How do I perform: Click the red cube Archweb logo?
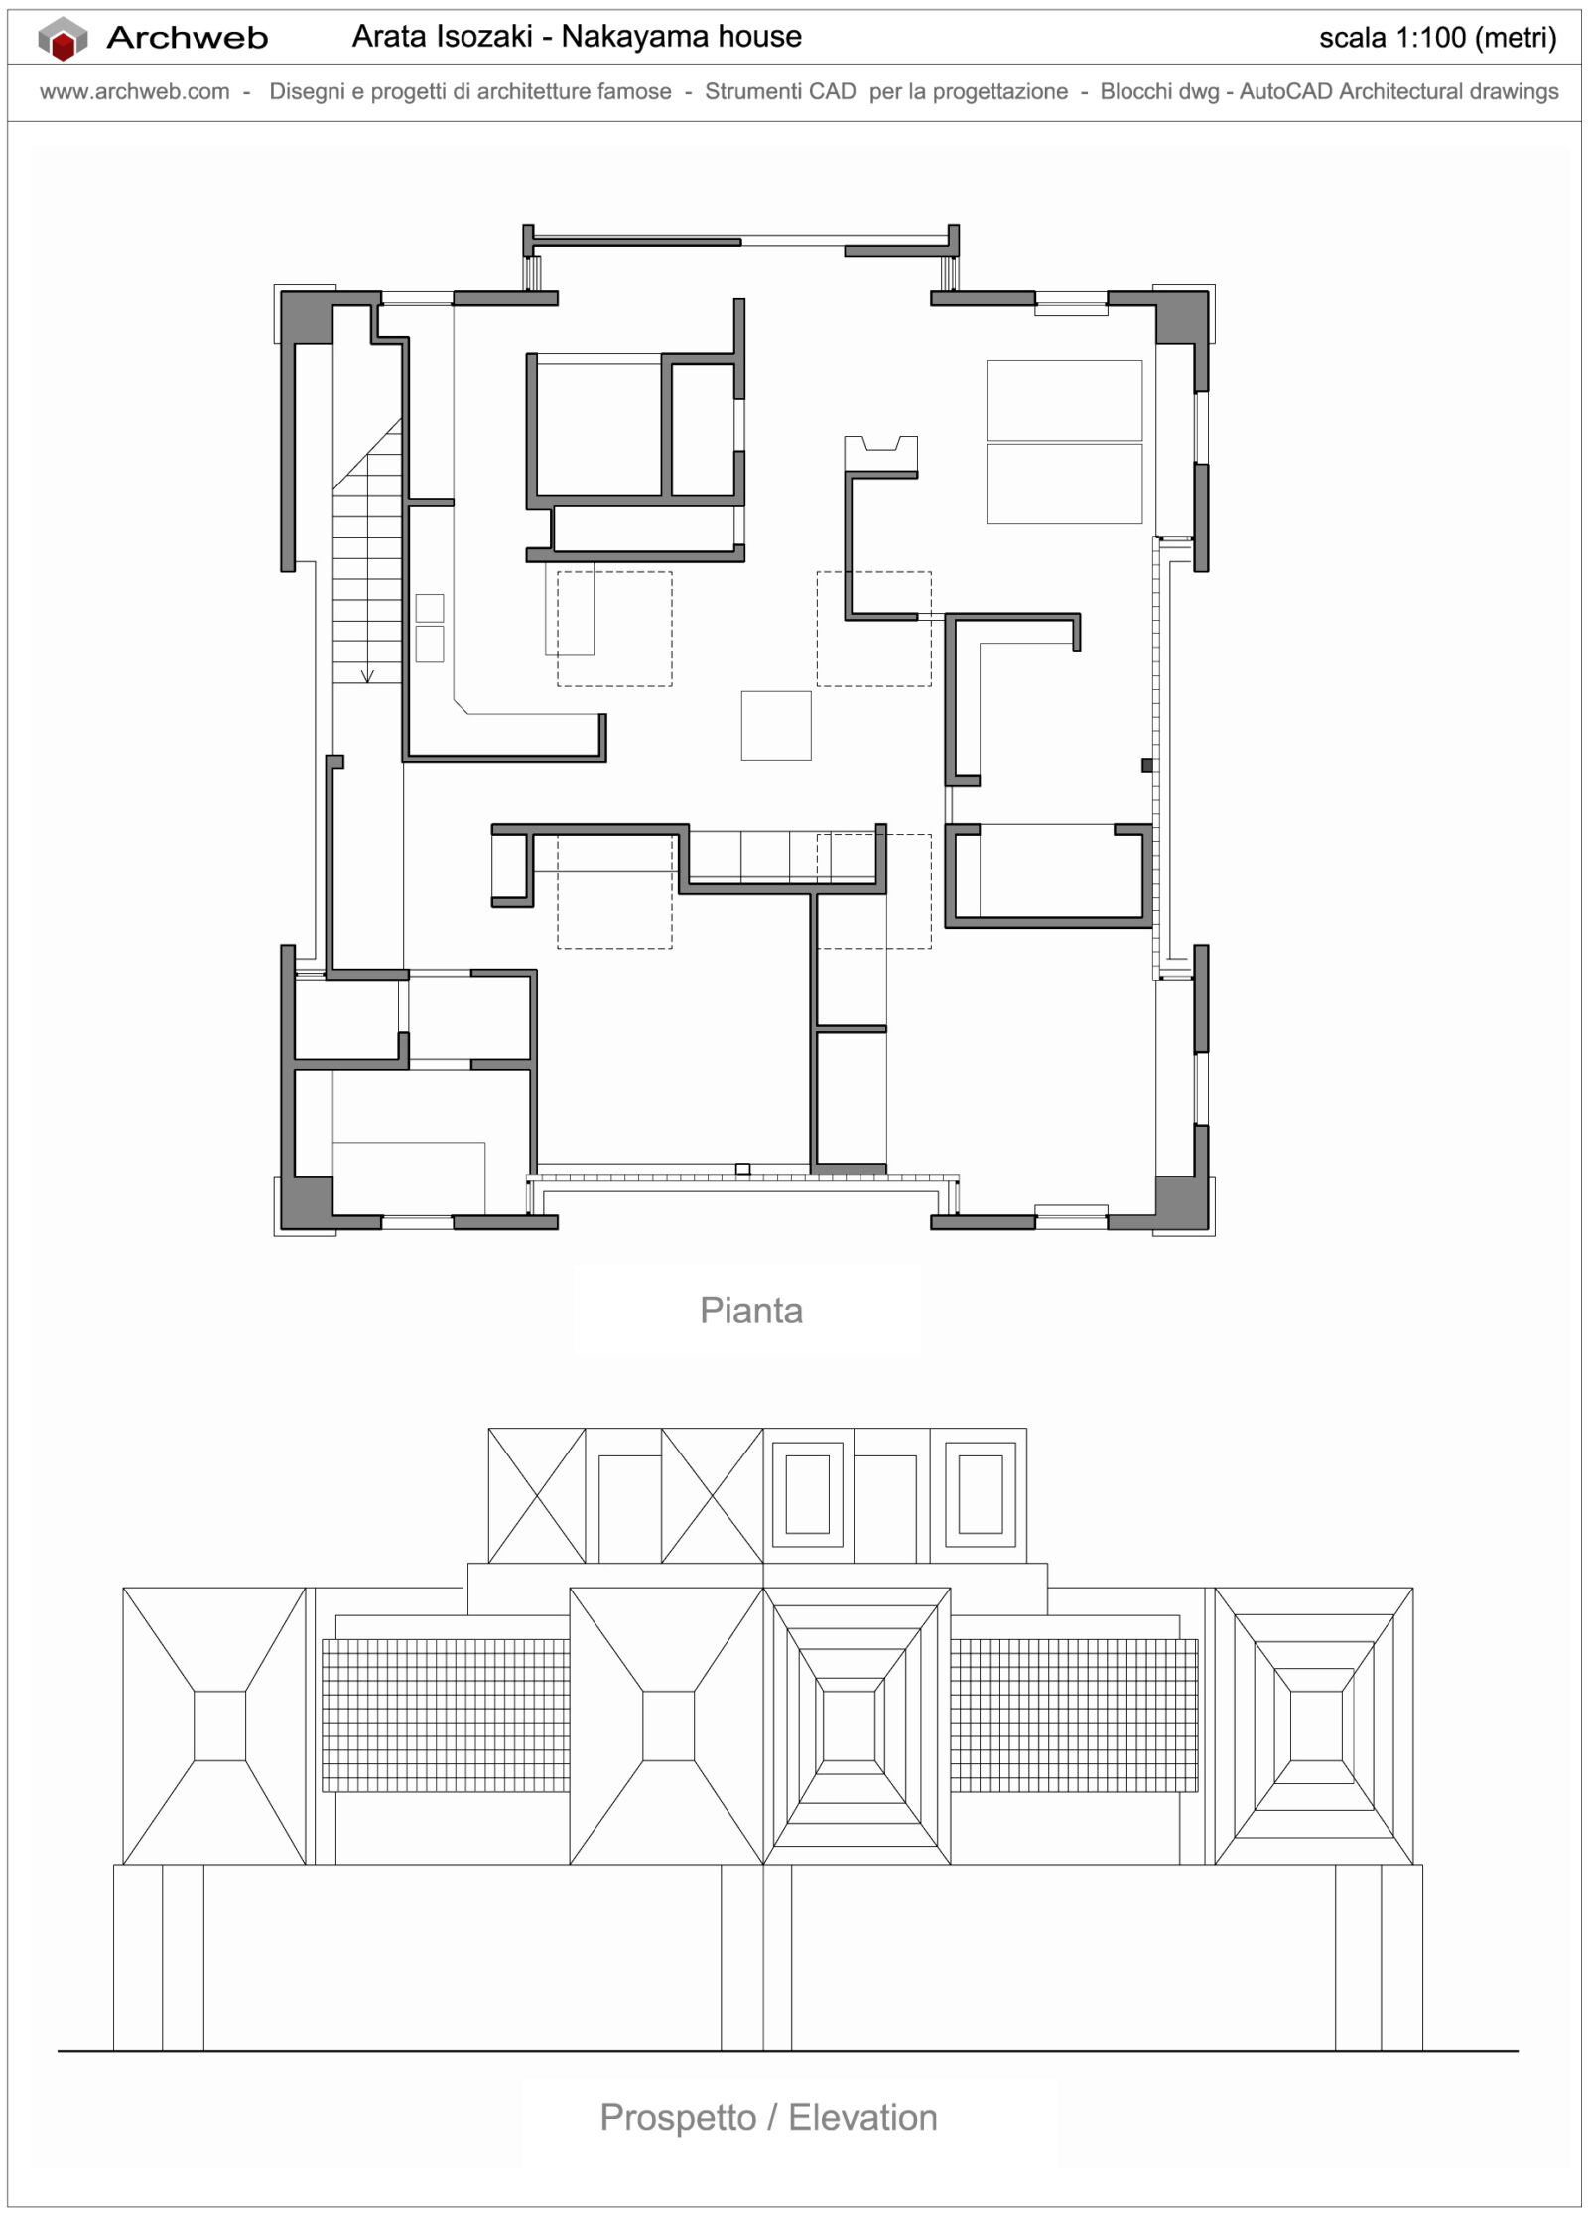63,41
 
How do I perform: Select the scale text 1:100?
1430,39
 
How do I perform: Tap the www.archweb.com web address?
134,92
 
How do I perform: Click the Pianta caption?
750,1311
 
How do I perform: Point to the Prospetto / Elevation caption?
768,2117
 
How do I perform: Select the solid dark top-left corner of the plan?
306,317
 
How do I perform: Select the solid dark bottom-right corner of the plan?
1181,1203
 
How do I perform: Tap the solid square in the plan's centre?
775,726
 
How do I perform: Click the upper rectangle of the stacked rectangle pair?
1064,400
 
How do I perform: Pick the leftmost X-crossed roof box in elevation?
536,1496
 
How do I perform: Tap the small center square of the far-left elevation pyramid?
219,1727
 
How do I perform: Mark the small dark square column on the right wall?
1146,765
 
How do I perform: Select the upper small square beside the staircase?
429,608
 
